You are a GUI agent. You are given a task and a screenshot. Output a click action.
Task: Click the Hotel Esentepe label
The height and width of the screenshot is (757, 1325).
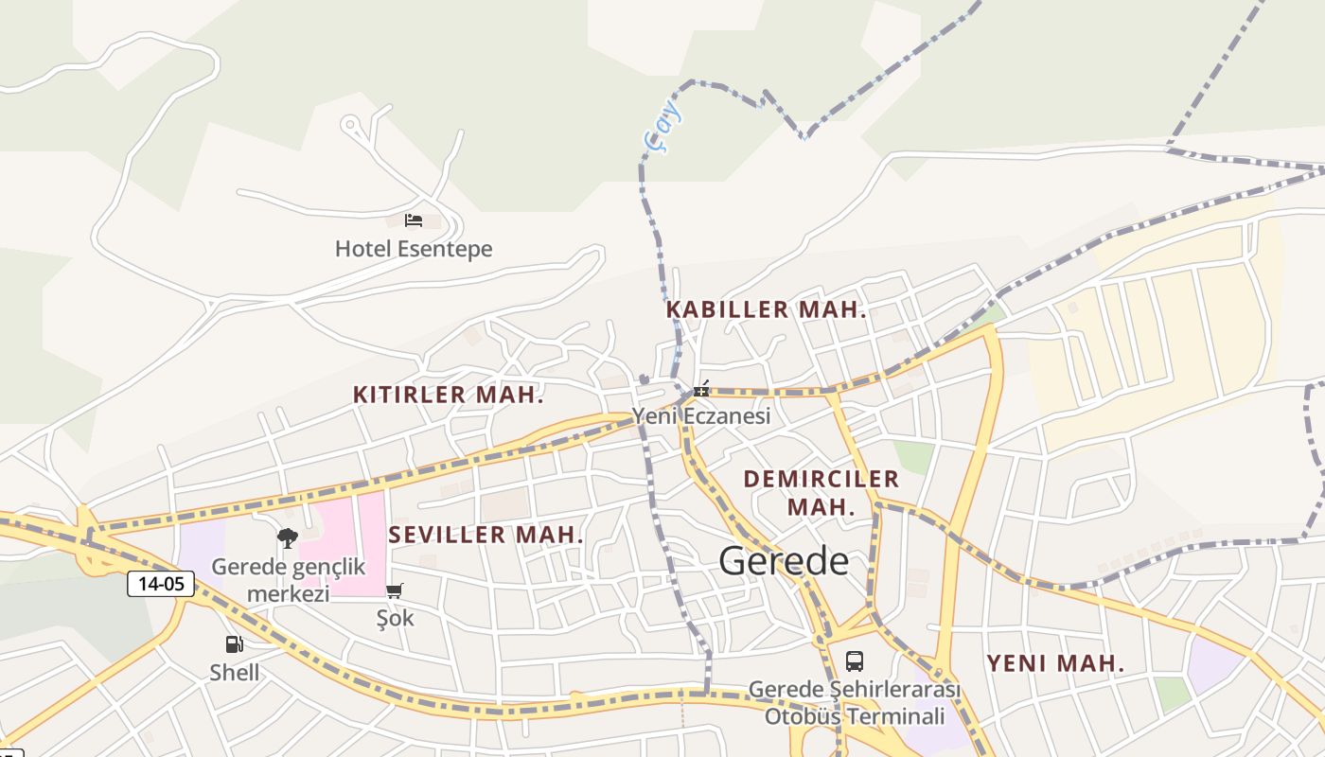414,249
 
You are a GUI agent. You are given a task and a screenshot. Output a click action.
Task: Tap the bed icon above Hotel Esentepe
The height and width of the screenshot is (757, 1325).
414,220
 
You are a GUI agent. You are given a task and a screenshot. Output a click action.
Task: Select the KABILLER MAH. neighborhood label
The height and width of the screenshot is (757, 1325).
766,309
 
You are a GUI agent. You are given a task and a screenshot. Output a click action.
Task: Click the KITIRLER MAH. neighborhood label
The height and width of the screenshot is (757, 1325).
448,395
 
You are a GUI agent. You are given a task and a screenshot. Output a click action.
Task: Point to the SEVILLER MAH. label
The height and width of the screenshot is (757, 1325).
486,535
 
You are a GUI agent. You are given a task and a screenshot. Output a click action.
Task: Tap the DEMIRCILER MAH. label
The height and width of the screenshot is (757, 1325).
821,492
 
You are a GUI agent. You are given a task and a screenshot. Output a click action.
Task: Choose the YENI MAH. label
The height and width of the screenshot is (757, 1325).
1055,663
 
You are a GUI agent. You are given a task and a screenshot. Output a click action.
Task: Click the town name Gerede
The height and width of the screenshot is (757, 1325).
784,561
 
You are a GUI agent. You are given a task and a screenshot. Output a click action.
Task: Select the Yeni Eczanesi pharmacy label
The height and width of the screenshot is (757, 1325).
701,415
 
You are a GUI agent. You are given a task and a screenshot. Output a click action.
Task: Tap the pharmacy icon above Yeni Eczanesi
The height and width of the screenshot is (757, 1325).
701,389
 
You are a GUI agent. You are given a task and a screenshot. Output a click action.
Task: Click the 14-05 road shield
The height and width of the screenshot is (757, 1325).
161,584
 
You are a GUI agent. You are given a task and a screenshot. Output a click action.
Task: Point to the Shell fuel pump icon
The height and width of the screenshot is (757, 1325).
234,644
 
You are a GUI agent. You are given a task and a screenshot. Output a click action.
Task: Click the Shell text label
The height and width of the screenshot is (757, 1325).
234,673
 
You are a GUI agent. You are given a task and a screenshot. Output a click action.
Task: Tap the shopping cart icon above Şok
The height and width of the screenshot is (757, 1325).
395,590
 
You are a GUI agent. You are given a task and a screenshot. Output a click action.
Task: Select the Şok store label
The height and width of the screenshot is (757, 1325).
395,618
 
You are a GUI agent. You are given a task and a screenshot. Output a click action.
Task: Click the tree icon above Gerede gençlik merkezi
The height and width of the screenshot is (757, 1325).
288,538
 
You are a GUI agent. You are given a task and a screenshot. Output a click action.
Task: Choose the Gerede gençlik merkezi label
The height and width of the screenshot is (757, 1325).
288,580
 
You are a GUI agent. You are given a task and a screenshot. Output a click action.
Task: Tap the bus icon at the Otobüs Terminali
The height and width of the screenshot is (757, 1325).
854,660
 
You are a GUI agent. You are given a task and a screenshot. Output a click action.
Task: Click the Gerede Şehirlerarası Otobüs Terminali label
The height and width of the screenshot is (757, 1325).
854,702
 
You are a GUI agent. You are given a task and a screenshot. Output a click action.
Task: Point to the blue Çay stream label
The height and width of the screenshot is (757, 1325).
662,127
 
